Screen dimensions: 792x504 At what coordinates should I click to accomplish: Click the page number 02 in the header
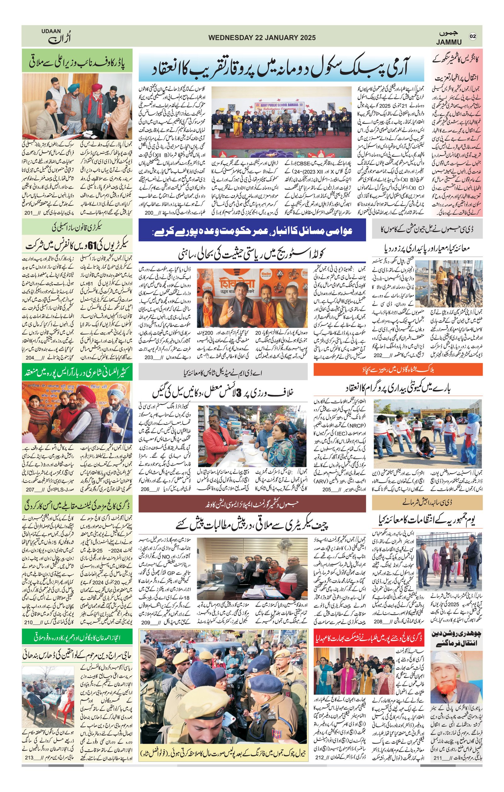473,36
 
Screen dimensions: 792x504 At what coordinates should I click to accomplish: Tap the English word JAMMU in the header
449,42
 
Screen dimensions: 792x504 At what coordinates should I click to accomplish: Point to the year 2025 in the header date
308,37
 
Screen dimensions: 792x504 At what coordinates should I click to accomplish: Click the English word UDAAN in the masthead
51,31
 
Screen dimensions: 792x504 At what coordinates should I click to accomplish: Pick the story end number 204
30,358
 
